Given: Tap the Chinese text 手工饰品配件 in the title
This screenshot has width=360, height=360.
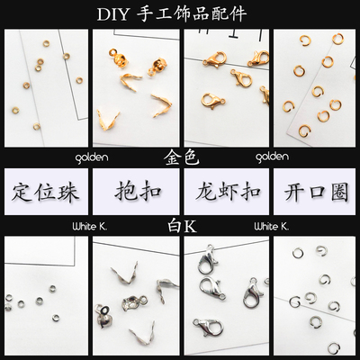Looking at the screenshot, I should [x=199, y=15].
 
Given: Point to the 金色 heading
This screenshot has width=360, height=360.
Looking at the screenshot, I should [x=181, y=156].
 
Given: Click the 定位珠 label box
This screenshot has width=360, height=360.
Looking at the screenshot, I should [x=45, y=192].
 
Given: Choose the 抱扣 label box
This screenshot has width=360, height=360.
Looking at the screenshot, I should [x=135, y=192].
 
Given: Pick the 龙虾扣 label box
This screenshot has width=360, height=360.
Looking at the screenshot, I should [x=225, y=192].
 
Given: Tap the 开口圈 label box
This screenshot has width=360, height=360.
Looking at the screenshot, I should [x=314, y=192].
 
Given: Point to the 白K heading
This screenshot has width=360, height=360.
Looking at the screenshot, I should [x=180, y=228].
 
